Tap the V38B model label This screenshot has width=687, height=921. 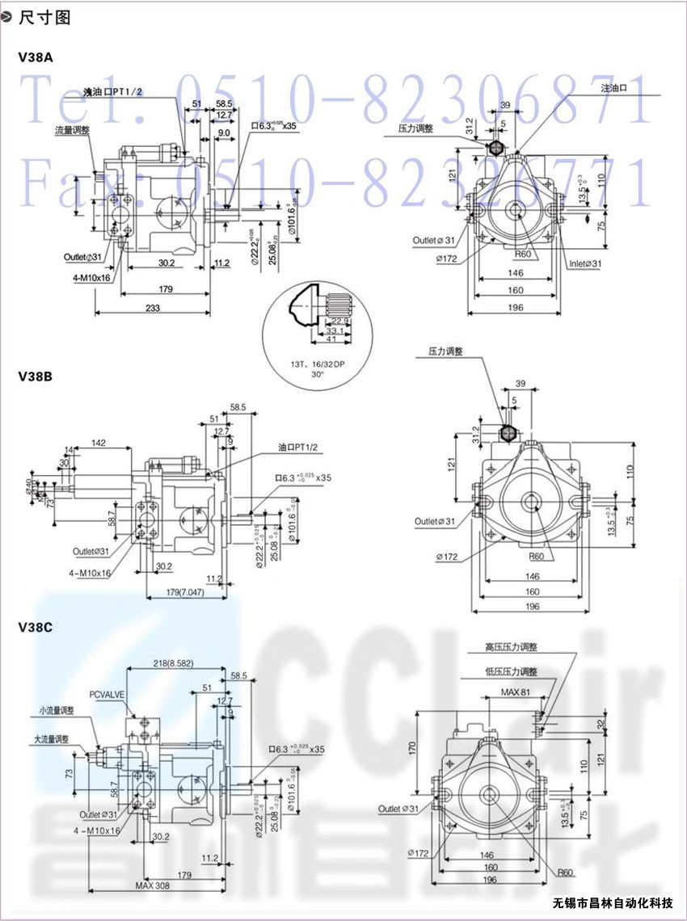[x=36, y=376]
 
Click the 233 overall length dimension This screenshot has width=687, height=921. [x=152, y=308]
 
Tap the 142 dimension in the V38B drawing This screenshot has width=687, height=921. [x=100, y=443]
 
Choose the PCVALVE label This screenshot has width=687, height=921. [x=107, y=694]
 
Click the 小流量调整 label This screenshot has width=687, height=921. [x=57, y=711]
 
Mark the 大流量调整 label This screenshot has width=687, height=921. [x=51, y=739]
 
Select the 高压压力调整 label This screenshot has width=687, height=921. [x=512, y=647]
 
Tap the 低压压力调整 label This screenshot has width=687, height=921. [x=512, y=671]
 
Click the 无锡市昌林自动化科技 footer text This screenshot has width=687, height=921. [x=618, y=902]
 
